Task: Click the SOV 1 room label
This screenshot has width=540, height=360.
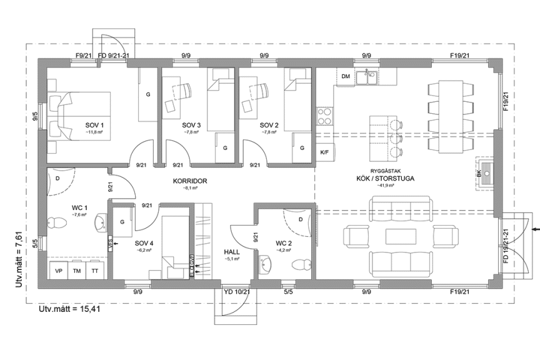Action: click(94, 126)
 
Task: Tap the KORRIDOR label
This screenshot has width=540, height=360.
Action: click(190, 181)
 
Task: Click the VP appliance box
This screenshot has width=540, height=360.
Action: click(59, 271)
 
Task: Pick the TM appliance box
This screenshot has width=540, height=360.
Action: click(77, 271)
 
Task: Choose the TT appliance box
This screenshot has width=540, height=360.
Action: click(95, 271)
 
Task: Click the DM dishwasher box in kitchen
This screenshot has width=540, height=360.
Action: click(345, 76)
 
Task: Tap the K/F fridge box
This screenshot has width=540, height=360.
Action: click(325, 152)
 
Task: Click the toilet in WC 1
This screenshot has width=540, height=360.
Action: click(57, 222)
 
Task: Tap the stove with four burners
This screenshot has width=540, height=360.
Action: click(325, 116)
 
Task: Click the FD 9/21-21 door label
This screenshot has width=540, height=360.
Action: click(114, 56)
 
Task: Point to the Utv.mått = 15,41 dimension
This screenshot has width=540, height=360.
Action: click(70, 309)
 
